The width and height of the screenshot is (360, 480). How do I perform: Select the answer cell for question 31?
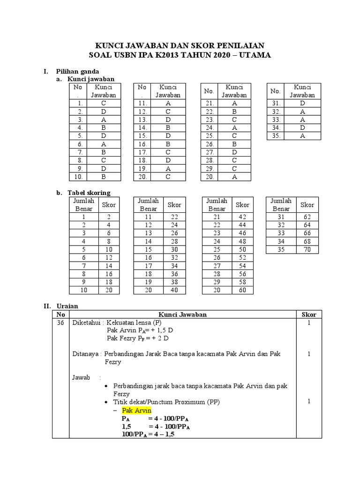pos(302,103)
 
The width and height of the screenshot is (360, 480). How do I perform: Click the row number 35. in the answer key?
pos(275,136)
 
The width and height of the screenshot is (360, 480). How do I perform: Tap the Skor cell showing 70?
pos(307,249)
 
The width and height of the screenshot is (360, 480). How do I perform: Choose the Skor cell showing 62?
pos(307,217)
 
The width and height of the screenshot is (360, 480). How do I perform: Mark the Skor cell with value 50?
pos(242,249)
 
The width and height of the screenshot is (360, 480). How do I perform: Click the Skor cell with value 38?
pos(174,283)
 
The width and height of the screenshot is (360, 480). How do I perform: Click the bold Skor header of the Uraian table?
pos(308,315)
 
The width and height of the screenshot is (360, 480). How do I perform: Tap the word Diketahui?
pos(86,323)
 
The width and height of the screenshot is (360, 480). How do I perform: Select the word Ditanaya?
pos(86,354)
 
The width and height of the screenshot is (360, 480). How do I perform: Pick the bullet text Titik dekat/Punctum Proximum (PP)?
pos(166,402)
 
